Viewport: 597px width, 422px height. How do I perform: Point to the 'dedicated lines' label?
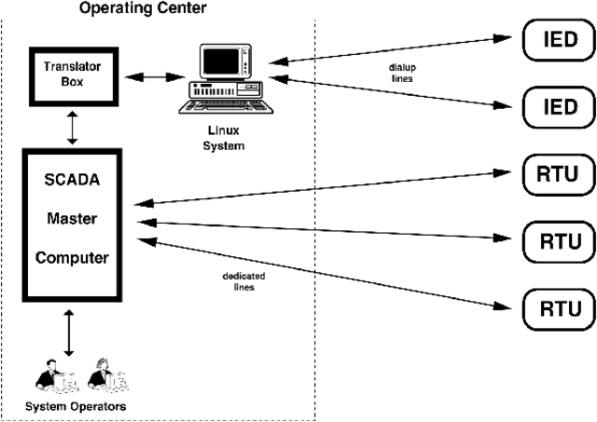[x=241, y=281]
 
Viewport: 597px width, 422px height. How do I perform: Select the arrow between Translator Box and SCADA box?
[x=72, y=129]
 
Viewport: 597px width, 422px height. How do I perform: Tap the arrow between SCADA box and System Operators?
[x=68, y=334]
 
